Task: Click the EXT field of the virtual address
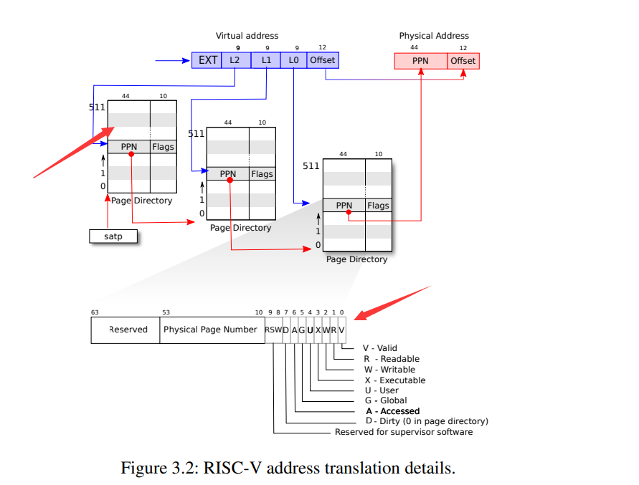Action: coord(207,60)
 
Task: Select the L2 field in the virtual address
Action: coord(235,60)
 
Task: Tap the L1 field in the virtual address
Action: coord(265,60)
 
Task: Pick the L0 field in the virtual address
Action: coord(293,60)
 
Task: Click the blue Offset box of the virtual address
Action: coord(323,60)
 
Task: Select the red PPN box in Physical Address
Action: coord(421,61)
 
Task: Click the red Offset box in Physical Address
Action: coord(463,61)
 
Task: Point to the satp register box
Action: coord(113,236)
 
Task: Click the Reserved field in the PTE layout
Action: coord(128,330)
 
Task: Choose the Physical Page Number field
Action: coord(210,330)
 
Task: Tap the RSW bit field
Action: coord(273,330)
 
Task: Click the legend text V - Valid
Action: coord(379,348)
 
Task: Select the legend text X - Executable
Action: coord(394,380)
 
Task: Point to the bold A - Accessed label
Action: coord(392,411)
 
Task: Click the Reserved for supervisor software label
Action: coord(404,432)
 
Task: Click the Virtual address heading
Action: coord(247,36)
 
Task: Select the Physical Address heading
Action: coord(434,36)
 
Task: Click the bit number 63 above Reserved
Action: coord(95,312)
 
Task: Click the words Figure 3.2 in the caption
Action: coord(157,469)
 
